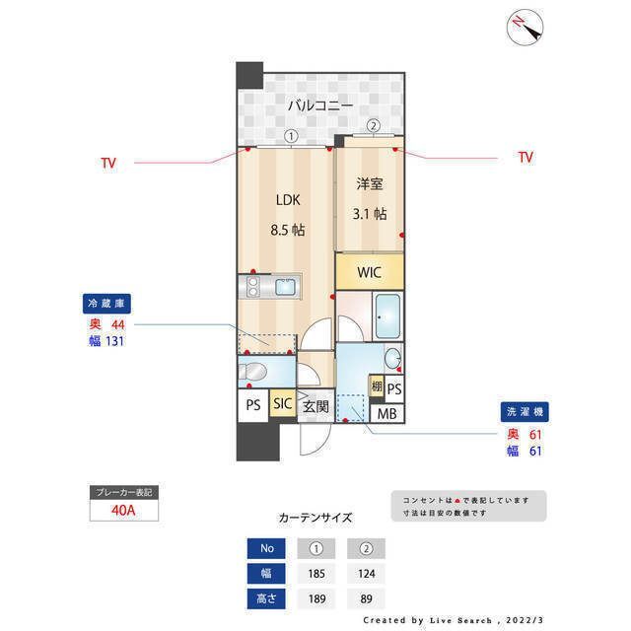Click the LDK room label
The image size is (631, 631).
click(x=287, y=200)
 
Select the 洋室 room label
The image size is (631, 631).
click(x=369, y=183)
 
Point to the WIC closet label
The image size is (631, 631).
click(x=368, y=272)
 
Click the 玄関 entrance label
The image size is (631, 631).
click(x=315, y=405)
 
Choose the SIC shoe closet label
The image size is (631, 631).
click(x=282, y=404)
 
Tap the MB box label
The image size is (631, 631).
click(x=387, y=413)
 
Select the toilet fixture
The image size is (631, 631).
click(x=253, y=372)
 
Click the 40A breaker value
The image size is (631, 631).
click(x=122, y=511)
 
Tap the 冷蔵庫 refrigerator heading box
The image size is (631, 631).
click(x=107, y=304)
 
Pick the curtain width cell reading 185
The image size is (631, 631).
click(x=316, y=572)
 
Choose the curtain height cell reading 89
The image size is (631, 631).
click(x=366, y=597)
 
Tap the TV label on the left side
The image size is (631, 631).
click(x=107, y=163)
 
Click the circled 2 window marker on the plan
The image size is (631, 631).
click(x=374, y=125)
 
